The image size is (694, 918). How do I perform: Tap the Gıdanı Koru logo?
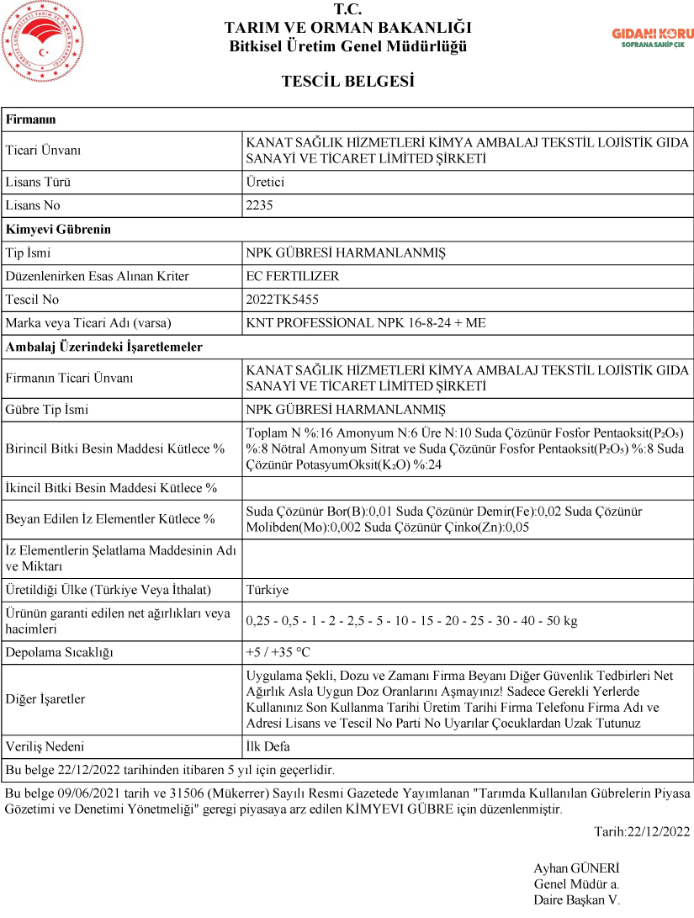(652, 37)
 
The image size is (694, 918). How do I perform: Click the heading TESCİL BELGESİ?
(347, 82)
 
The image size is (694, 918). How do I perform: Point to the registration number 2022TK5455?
(282, 300)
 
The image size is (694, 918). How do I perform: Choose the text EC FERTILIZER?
(292, 276)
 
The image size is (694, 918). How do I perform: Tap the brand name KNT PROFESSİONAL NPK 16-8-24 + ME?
(365, 323)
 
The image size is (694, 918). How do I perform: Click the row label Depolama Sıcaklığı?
(59, 652)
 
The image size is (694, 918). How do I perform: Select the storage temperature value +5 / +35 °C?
(278, 652)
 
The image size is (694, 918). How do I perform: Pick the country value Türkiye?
(267, 590)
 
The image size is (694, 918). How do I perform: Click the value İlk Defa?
(268, 746)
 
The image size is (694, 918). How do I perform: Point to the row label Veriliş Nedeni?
(45, 746)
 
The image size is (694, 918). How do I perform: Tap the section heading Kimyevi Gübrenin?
(58, 229)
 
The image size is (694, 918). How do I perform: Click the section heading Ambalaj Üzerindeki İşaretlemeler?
(104, 347)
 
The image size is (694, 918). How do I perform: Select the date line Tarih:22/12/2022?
(641, 832)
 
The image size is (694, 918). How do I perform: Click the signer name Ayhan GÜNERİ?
(576, 868)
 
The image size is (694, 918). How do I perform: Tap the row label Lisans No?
(33, 205)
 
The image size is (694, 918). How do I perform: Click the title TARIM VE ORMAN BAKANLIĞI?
(347, 28)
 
